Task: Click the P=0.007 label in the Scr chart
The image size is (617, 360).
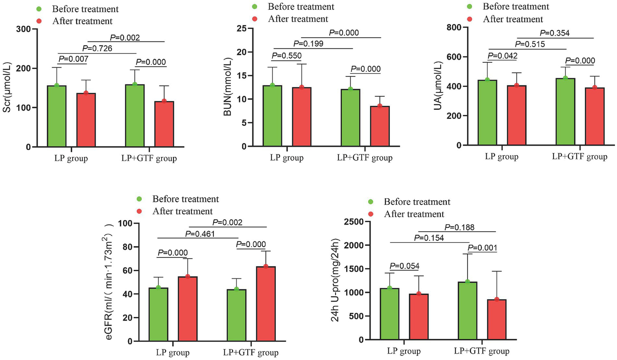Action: (73, 59)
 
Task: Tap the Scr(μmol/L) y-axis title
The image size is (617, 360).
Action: (7, 87)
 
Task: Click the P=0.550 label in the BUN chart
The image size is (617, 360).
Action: (287, 56)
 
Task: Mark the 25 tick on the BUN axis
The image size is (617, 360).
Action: (241, 29)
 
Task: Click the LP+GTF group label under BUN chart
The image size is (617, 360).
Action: (365, 158)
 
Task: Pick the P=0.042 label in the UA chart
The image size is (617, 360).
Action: (502, 56)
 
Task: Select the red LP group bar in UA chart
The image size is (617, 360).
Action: (517, 115)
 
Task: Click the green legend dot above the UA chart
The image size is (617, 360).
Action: (469, 7)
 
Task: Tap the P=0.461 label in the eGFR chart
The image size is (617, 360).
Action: (200, 234)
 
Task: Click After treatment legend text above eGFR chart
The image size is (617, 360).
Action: (182, 211)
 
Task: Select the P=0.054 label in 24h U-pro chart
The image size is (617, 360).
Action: (404, 266)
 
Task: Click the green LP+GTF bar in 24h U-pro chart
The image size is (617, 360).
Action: (467, 311)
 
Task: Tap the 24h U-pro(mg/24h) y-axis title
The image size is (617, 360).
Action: (335, 280)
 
